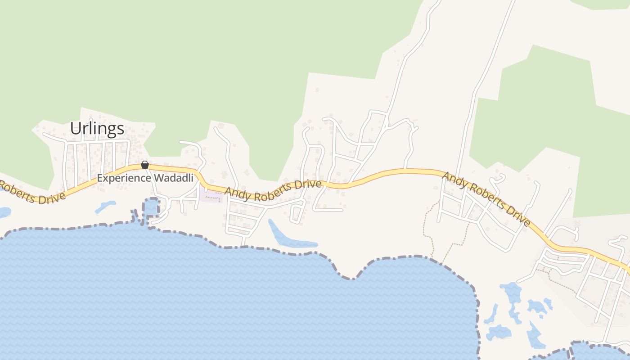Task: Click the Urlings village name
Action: click(97, 129)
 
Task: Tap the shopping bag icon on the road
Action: click(145, 165)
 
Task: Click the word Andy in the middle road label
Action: click(238, 192)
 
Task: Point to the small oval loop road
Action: click(297, 213)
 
